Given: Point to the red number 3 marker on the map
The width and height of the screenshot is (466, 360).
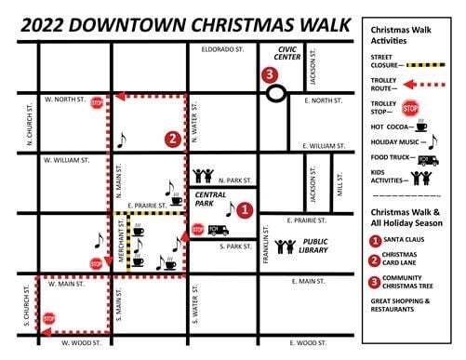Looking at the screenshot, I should (270, 74).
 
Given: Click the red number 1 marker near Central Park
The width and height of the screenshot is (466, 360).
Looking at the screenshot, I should (244, 210).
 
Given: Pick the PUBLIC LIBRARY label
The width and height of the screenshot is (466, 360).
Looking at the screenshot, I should (316, 248).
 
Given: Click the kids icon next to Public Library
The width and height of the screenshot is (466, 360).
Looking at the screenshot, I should (284, 248).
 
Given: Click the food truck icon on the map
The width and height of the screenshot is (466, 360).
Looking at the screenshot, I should (218, 228).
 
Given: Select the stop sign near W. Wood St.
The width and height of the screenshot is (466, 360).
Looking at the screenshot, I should (49, 319).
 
